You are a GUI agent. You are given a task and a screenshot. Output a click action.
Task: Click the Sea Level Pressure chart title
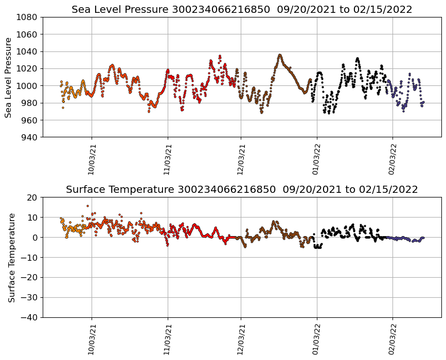242,10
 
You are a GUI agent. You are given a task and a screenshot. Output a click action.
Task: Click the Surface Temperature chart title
242,190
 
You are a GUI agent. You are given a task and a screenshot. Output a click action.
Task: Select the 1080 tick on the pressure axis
29,17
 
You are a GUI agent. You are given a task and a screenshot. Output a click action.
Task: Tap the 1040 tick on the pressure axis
29,51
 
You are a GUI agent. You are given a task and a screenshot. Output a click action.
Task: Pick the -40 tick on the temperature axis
29,317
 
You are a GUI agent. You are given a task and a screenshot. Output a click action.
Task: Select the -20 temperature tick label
29,278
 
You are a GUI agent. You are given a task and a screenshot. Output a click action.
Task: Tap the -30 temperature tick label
29,298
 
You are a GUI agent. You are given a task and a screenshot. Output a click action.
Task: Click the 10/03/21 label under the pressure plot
92,159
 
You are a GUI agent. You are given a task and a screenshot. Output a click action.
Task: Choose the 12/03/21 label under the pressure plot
241,159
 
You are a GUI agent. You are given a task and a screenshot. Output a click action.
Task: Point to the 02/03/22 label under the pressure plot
393,159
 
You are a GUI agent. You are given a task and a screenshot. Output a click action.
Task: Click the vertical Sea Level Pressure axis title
8,77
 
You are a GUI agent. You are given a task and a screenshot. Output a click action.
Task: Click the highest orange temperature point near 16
87,206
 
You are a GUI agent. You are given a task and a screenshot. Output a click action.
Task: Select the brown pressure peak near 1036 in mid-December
279,55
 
